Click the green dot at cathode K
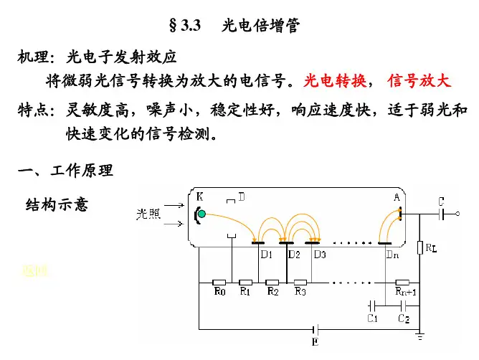202,214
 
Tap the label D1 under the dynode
267,254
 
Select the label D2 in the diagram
293,254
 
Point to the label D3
320,254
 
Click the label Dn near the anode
392,254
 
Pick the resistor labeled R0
219,283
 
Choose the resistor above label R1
245,283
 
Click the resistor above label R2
273,283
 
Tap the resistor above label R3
300,283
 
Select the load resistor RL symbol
419,248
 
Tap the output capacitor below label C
442,214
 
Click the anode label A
397,197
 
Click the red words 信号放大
419,80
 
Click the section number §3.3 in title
183,27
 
